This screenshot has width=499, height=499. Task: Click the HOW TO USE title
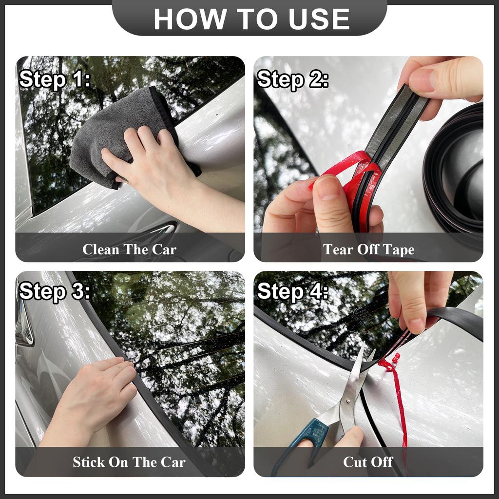point(252,19)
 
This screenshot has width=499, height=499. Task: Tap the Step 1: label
point(55,79)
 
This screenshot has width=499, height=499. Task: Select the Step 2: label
point(292,79)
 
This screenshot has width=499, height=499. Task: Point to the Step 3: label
point(55,291)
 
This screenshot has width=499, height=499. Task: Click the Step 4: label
point(292,291)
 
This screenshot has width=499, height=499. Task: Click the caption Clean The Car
point(129,249)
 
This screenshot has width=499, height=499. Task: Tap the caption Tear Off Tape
point(368,249)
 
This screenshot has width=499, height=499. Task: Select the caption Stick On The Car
point(129,462)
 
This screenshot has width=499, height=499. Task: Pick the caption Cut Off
point(368,462)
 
